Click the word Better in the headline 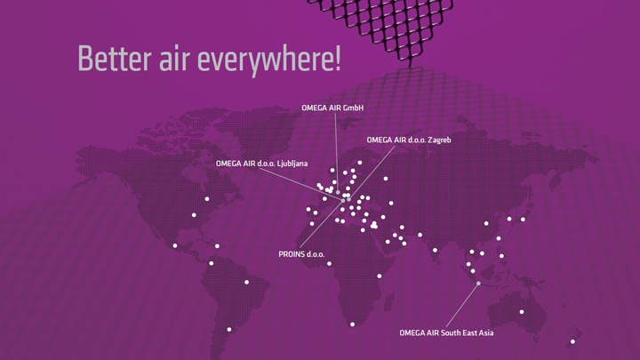coord(115,59)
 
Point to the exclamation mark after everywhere coord(338,58)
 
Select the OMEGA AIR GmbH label coord(332,108)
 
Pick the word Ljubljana coord(292,164)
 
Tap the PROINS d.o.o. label coord(301,254)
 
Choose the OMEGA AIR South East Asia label coord(446,333)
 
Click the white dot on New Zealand coord(572,341)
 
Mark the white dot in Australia coord(522,312)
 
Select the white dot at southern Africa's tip coord(352,324)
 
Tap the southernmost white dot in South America coord(229,330)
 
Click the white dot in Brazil coord(246,282)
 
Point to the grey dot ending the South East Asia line coord(478,284)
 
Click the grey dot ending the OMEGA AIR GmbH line coord(338,192)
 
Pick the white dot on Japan coord(523,220)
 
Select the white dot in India coord(435,250)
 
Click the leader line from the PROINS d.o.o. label coord(321,225)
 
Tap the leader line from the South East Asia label coord(462,305)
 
